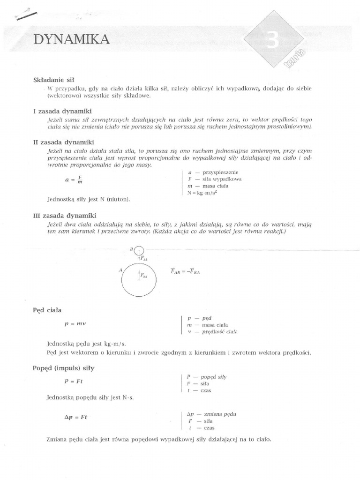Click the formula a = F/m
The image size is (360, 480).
click(74, 180)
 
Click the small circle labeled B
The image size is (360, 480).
click(139, 251)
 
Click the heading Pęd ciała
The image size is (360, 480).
click(47, 310)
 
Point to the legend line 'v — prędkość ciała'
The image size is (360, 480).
click(212, 332)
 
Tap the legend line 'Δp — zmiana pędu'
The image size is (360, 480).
click(211, 414)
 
